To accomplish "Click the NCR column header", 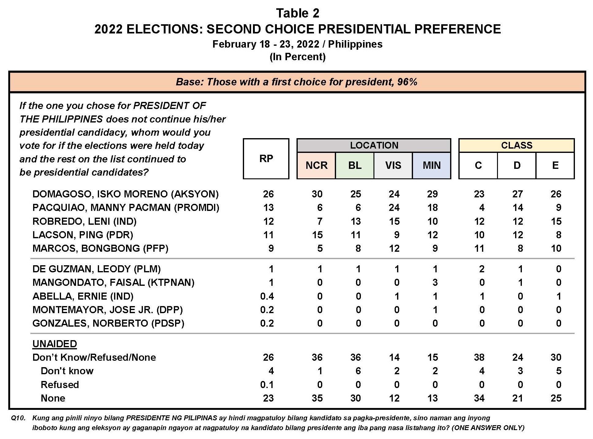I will (x=316, y=165).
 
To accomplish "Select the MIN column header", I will (x=431, y=165).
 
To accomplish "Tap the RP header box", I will (x=266, y=158).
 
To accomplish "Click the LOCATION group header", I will (x=374, y=145).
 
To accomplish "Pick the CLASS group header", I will (x=516, y=145).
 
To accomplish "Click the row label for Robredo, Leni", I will (x=84, y=221).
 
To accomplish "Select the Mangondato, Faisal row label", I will (x=113, y=282).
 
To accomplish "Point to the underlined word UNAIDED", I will (x=55, y=344).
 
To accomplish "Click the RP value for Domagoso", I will (x=268, y=194).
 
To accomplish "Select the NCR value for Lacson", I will (x=317, y=235).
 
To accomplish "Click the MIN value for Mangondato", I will (x=435, y=282).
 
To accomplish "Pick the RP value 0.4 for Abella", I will (x=267, y=296).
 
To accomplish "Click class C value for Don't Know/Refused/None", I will (x=479, y=357).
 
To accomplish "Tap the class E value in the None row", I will (x=556, y=398).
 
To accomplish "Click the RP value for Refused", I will (x=267, y=385).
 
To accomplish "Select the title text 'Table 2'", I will (x=297, y=13).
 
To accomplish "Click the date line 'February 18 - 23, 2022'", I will (x=266, y=44).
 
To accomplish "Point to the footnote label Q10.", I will (x=18, y=418).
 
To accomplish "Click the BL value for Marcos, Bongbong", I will (x=358, y=248).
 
